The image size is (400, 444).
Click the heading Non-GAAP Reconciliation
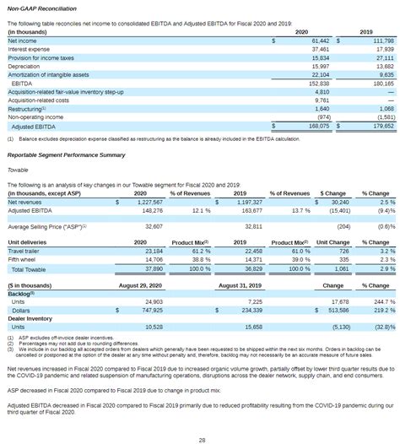pos(40,8)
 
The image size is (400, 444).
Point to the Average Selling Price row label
pos(46,227)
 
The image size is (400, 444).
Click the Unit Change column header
pos(332,242)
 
